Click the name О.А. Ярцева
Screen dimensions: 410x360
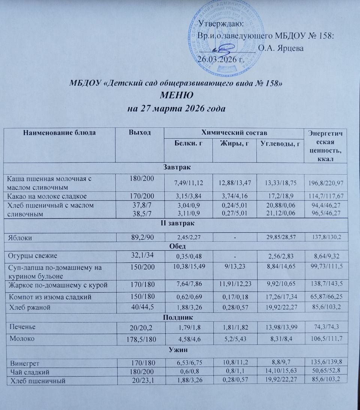tap(281, 48)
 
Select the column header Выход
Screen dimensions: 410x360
tap(140, 132)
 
